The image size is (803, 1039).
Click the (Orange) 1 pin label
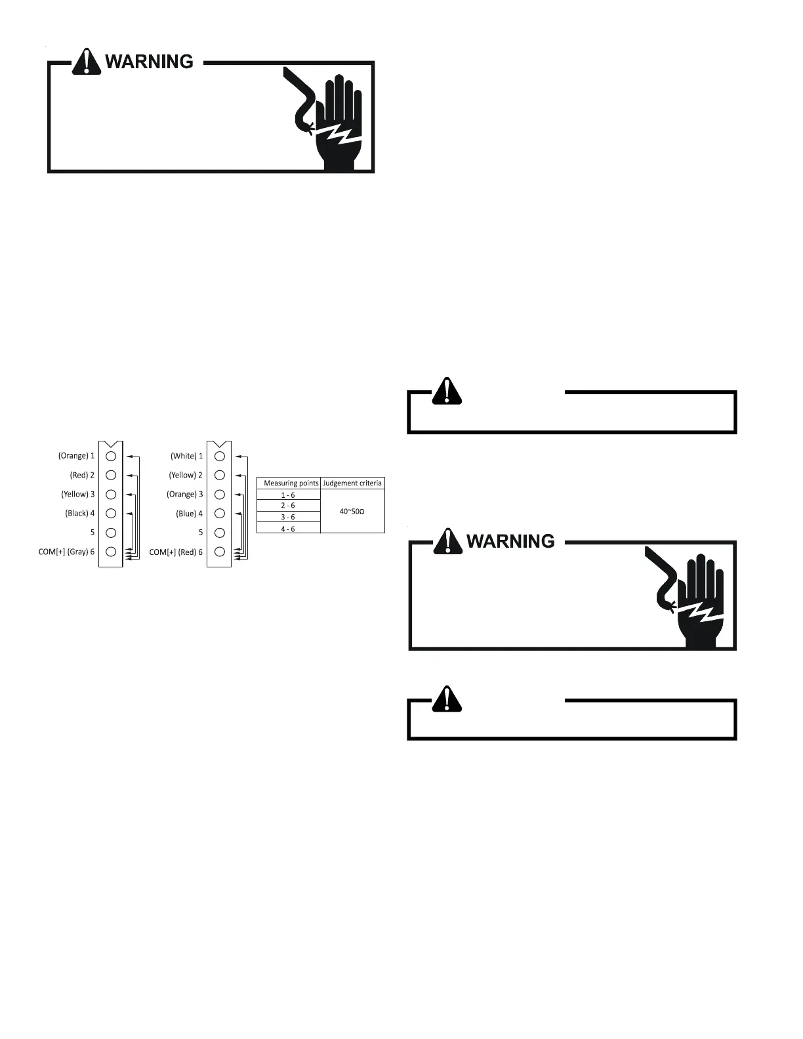pos(76,456)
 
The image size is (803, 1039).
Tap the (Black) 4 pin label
pos(79,514)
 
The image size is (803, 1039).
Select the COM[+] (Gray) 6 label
pos(66,552)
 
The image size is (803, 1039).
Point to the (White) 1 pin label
pos(186,456)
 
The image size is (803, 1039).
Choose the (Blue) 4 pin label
pos(189,514)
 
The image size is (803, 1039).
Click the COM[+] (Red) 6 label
pos(176,552)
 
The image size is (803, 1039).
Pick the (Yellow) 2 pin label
pos(186,475)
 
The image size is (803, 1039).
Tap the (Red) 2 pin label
pos(82,475)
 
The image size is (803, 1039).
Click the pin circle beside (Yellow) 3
pos(111,495)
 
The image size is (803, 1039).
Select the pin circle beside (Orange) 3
pos(220,495)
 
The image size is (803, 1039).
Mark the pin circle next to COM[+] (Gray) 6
pos(111,552)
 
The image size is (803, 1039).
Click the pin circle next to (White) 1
pos(220,456)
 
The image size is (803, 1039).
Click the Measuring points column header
pos(291,483)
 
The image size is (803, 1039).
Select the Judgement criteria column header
pos(352,483)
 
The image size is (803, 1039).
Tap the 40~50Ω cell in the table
pos(352,511)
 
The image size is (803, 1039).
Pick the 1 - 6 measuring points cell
pos(288,495)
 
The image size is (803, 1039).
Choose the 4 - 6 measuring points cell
pos(288,529)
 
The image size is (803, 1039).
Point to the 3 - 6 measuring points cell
pos(288,518)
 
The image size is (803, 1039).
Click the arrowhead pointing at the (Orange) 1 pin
pos(129,456)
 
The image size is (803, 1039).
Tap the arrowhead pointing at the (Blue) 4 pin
pos(237,514)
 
